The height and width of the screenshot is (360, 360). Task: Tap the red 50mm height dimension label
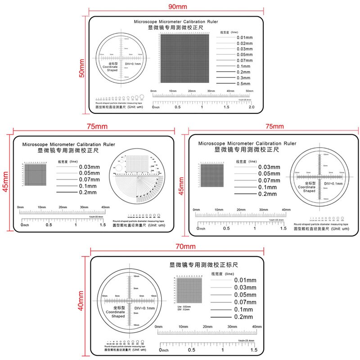click(x=82, y=68)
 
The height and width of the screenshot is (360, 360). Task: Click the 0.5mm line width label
click(x=243, y=84)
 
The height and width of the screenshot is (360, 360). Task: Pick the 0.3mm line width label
click(x=243, y=78)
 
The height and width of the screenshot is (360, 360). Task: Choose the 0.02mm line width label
click(x=244, y=43)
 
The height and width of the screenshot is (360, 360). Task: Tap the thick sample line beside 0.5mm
click(x=225, y=84)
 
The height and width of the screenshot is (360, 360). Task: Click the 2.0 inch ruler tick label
click(x=251, y=107)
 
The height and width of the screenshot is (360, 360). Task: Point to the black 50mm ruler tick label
click(x=250, y=91)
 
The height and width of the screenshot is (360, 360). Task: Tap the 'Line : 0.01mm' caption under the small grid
click(x=184, y=307)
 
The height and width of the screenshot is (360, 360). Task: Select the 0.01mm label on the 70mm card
click(x=245, y=280)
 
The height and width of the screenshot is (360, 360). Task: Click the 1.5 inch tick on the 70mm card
click(x=253, y=350)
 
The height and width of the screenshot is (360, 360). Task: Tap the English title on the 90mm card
click(x=176, y=22)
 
